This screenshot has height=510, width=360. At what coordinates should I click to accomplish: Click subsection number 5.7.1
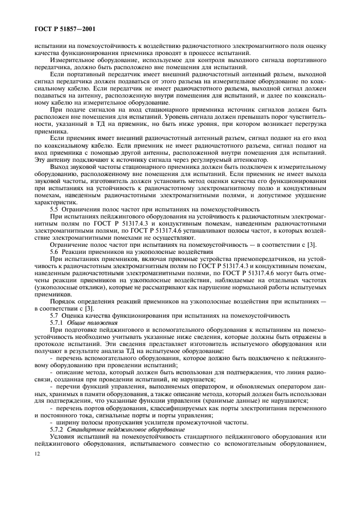coord(58,323)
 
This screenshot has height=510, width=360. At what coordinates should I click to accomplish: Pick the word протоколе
coord(53,344)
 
